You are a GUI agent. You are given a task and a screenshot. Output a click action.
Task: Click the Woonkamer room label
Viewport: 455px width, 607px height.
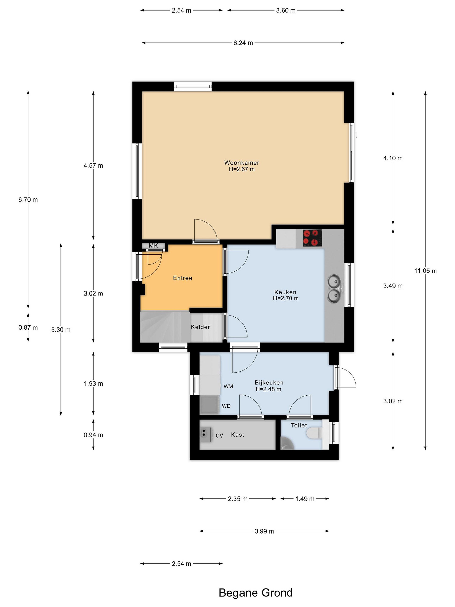(x=242, y=163)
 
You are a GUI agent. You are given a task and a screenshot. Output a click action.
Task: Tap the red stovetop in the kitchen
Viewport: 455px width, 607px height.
(x=312, y=238)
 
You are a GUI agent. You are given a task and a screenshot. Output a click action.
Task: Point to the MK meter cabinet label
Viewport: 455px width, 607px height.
(x=153, y=246)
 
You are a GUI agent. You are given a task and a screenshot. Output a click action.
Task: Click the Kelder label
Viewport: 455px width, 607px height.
(x=201, y=327)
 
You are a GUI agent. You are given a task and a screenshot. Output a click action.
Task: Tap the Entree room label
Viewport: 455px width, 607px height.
(x=183, y=278)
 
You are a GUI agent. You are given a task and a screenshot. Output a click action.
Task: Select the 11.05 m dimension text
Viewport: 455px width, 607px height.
(x=425, y=271)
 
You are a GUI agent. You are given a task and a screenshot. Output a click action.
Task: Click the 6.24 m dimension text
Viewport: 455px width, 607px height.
(x=243, y=43)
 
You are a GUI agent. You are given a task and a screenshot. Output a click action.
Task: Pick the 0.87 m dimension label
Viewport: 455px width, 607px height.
(x=28, y=328)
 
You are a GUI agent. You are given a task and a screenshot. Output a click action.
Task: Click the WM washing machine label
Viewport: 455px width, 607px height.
(x=228, y=386)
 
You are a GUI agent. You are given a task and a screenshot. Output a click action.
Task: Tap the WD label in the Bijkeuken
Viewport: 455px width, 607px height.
(x=226, y=406)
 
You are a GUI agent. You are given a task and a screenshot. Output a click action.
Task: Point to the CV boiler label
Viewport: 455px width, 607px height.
(x=219, y=435)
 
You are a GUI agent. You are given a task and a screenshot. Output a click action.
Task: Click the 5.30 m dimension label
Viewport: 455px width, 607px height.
(x=61, y=330)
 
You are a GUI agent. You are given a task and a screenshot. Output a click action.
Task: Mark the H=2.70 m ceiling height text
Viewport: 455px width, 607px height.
(x=285, y=298)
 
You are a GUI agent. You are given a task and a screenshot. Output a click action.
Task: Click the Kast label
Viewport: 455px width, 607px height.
(x=238, y=435)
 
